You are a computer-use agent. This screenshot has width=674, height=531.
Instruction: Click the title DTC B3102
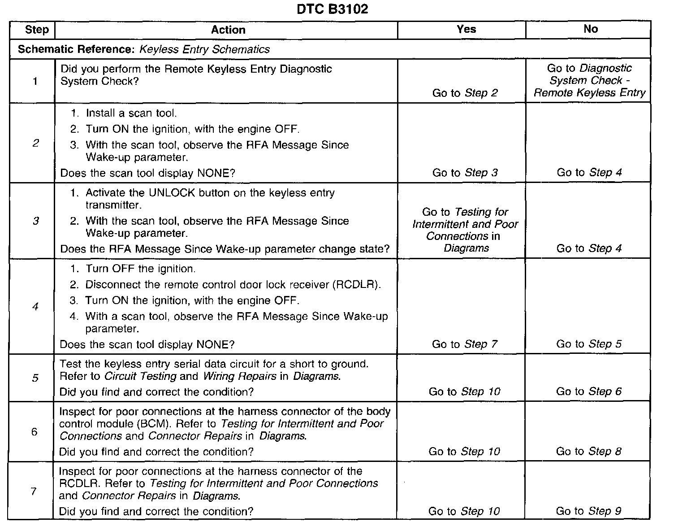(332, 9)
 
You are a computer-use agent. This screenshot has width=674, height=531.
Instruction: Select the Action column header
(228, 30)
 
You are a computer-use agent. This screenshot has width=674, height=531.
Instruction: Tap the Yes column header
(466, 29)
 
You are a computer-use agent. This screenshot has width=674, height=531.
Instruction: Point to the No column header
(591, 29)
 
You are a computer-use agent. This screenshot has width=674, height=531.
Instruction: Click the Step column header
(37, 30)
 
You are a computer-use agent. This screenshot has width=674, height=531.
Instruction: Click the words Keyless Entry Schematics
(205, 49)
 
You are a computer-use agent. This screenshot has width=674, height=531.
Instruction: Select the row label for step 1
(35, 81)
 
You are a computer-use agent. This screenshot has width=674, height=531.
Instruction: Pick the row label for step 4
(35, 307)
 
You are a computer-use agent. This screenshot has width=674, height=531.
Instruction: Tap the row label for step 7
(34, 491)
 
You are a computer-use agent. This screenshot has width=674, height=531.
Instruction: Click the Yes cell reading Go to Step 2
(465, 93)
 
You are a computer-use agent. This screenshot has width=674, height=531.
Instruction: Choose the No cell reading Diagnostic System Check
(589, 81)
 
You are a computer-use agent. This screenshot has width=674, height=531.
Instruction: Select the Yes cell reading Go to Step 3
(465, 173)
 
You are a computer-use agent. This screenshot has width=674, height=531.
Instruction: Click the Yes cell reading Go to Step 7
(464, 344)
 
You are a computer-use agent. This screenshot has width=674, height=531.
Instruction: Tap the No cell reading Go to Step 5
(589, 344)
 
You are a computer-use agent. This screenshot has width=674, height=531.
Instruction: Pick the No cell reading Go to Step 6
(589, 392)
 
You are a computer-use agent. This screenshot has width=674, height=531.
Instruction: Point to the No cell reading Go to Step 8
(588, 451)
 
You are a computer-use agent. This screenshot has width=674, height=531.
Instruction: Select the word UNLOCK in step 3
(172, 193)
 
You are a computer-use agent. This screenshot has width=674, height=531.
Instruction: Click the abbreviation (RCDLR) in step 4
(357, 285)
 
